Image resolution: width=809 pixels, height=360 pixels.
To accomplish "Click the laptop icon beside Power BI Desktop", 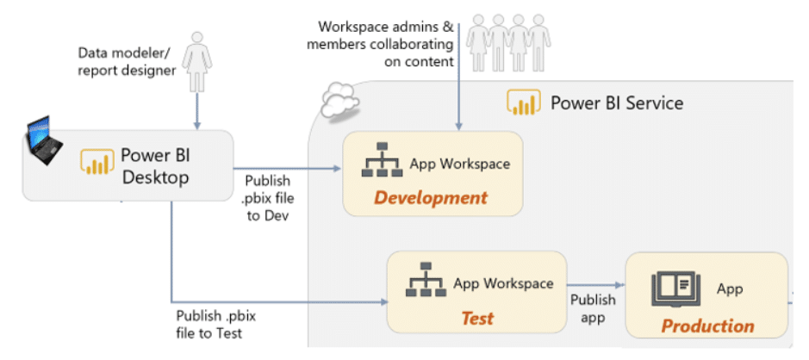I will pyautogui.click(x=45, y=142).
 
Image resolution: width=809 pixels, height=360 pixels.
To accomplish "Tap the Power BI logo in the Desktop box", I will pyautogui.click(x=97, y=162).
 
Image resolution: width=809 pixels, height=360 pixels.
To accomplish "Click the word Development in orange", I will pyautogui.click(x=431, y=198).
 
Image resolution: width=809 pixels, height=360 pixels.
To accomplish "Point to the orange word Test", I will pyautogui.click(x=476, y=319).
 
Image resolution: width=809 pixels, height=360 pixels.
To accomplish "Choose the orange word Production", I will pyautogui.click(x=707, y=326).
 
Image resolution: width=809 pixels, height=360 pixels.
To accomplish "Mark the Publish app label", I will pyautogui.click(x=593, y=308).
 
